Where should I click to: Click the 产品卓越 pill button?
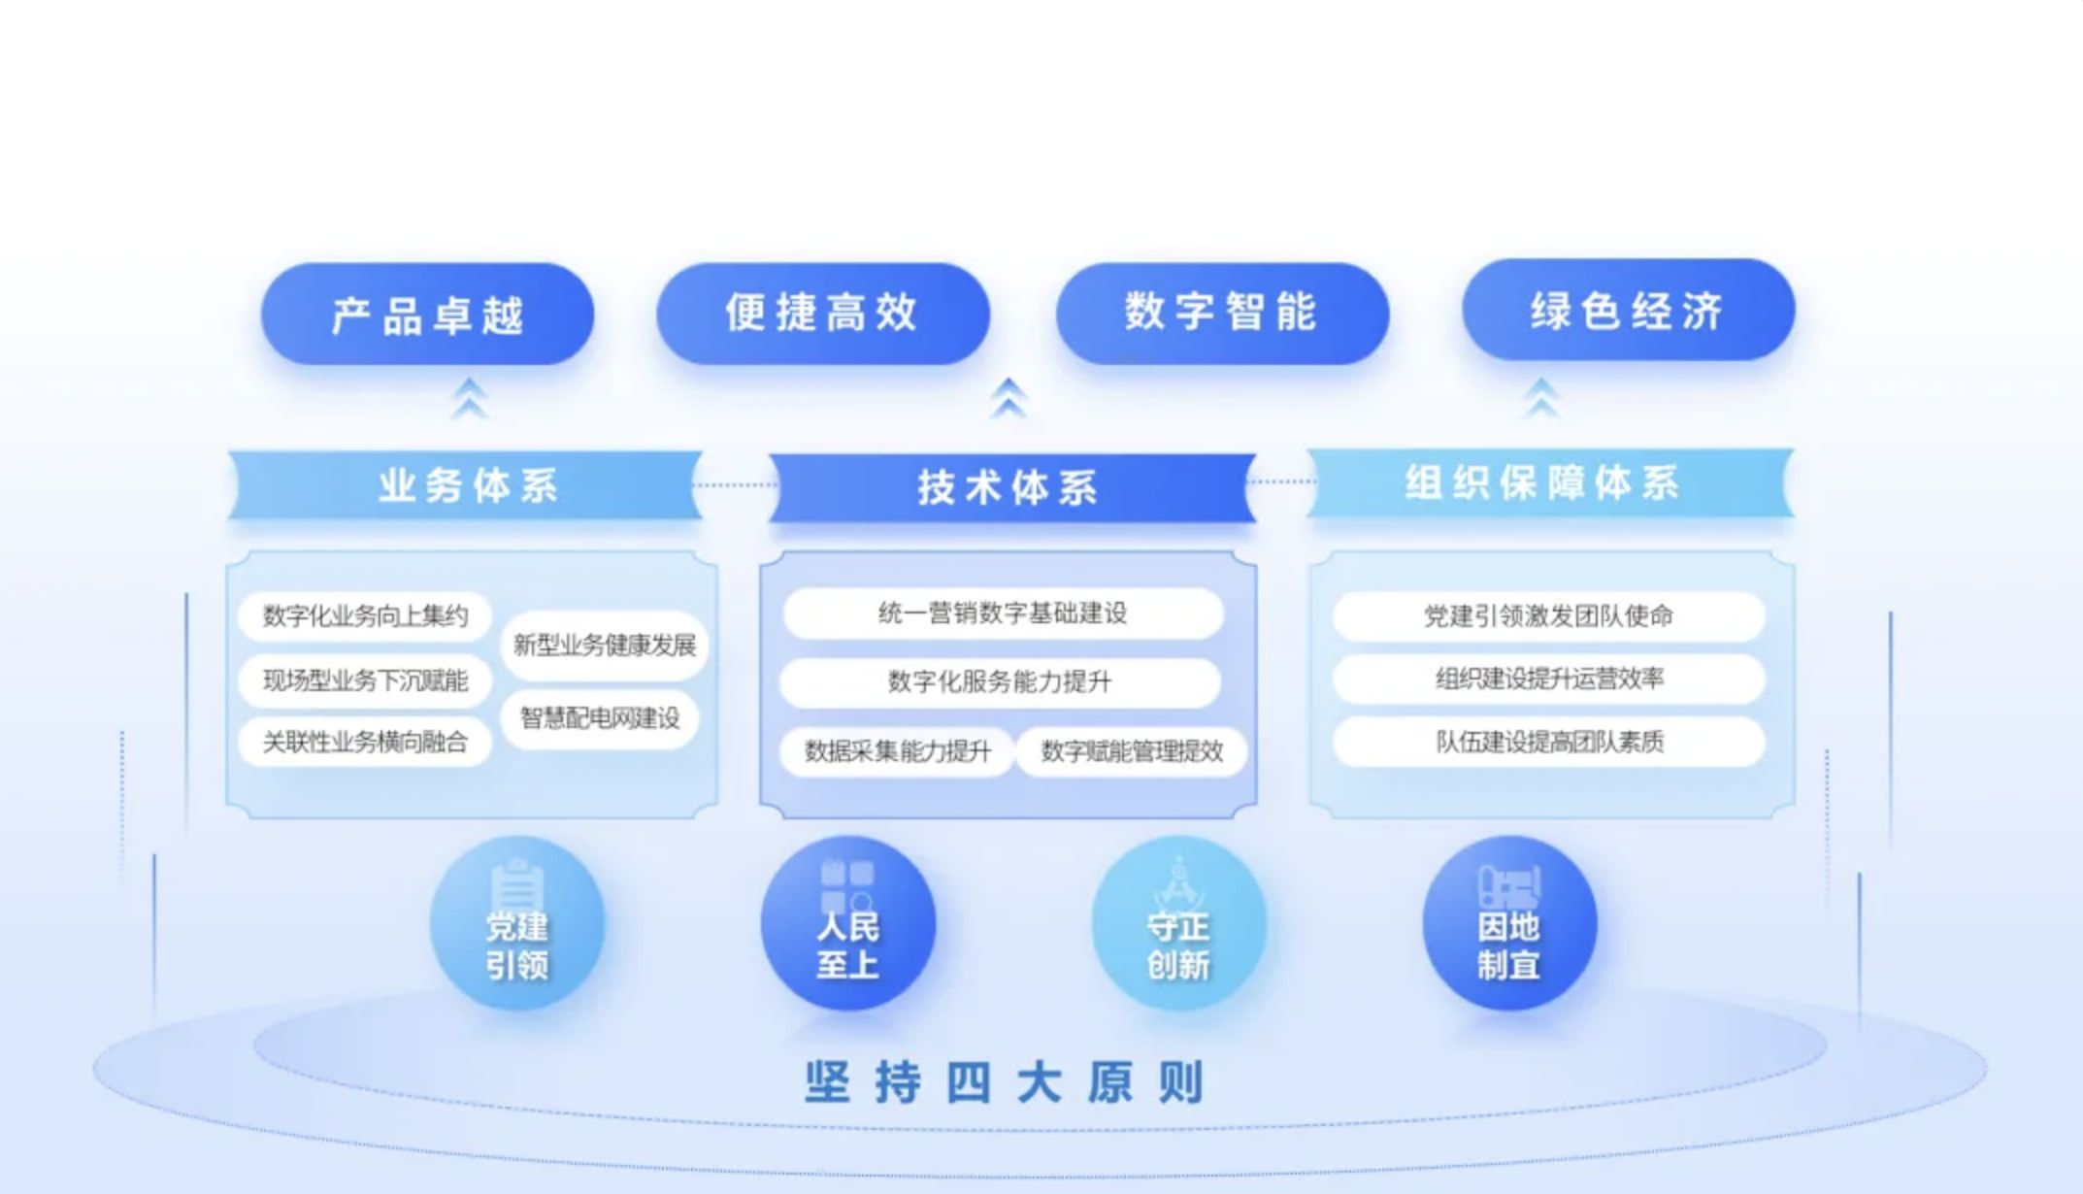tap(427, 315)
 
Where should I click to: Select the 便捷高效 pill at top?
tap(822, 313)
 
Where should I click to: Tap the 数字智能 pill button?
tap(1221, 313)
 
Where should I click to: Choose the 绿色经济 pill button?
tap(1628, 311)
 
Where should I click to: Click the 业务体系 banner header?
tap(467, 485)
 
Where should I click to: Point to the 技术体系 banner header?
tap(1009, 487)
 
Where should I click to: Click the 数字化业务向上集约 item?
tap(365, 615)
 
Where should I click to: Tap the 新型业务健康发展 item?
tap(604, 645)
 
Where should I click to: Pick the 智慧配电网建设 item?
tap(600, 718)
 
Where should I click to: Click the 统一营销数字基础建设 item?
tap(1003, 614)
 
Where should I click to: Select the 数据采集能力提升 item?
tap(898, 750)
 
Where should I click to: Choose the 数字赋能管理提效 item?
tap(1132, 750)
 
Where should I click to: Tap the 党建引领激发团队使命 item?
tap(1548, 615)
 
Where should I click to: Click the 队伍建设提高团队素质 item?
tap(1548, 742)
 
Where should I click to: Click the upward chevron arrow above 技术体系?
tap(1009, 398)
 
